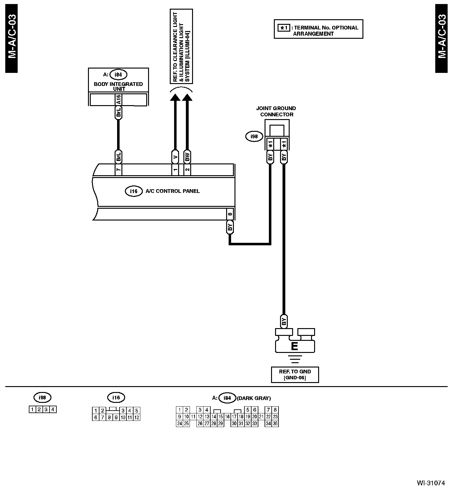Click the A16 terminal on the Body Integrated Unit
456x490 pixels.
(x=118, y=100)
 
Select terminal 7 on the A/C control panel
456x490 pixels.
(x=118, y=170)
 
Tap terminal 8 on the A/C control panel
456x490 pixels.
(x=230, y=214)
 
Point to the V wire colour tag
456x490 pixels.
(x=175, y=157)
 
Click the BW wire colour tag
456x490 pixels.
(x=187, y=157)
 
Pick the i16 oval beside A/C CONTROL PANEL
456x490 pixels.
(x=134, y=191)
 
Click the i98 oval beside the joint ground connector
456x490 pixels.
(x=254, y=137)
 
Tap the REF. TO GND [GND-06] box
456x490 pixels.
(x=295, y=375)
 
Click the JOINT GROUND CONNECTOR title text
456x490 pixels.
(x=276, y=111)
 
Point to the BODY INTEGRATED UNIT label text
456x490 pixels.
(x=118, y=86)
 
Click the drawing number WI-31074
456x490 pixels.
(x=431, y=483)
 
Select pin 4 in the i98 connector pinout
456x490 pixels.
(x=53, y=409)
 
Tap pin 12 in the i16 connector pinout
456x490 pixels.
(x=137, y=417)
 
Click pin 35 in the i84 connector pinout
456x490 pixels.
(x=275, y=424)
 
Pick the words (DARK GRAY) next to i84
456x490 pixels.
(x=253, y=398)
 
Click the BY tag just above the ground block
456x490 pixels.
(x=283, y=321)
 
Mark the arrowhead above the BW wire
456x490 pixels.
(x=187, y=97)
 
